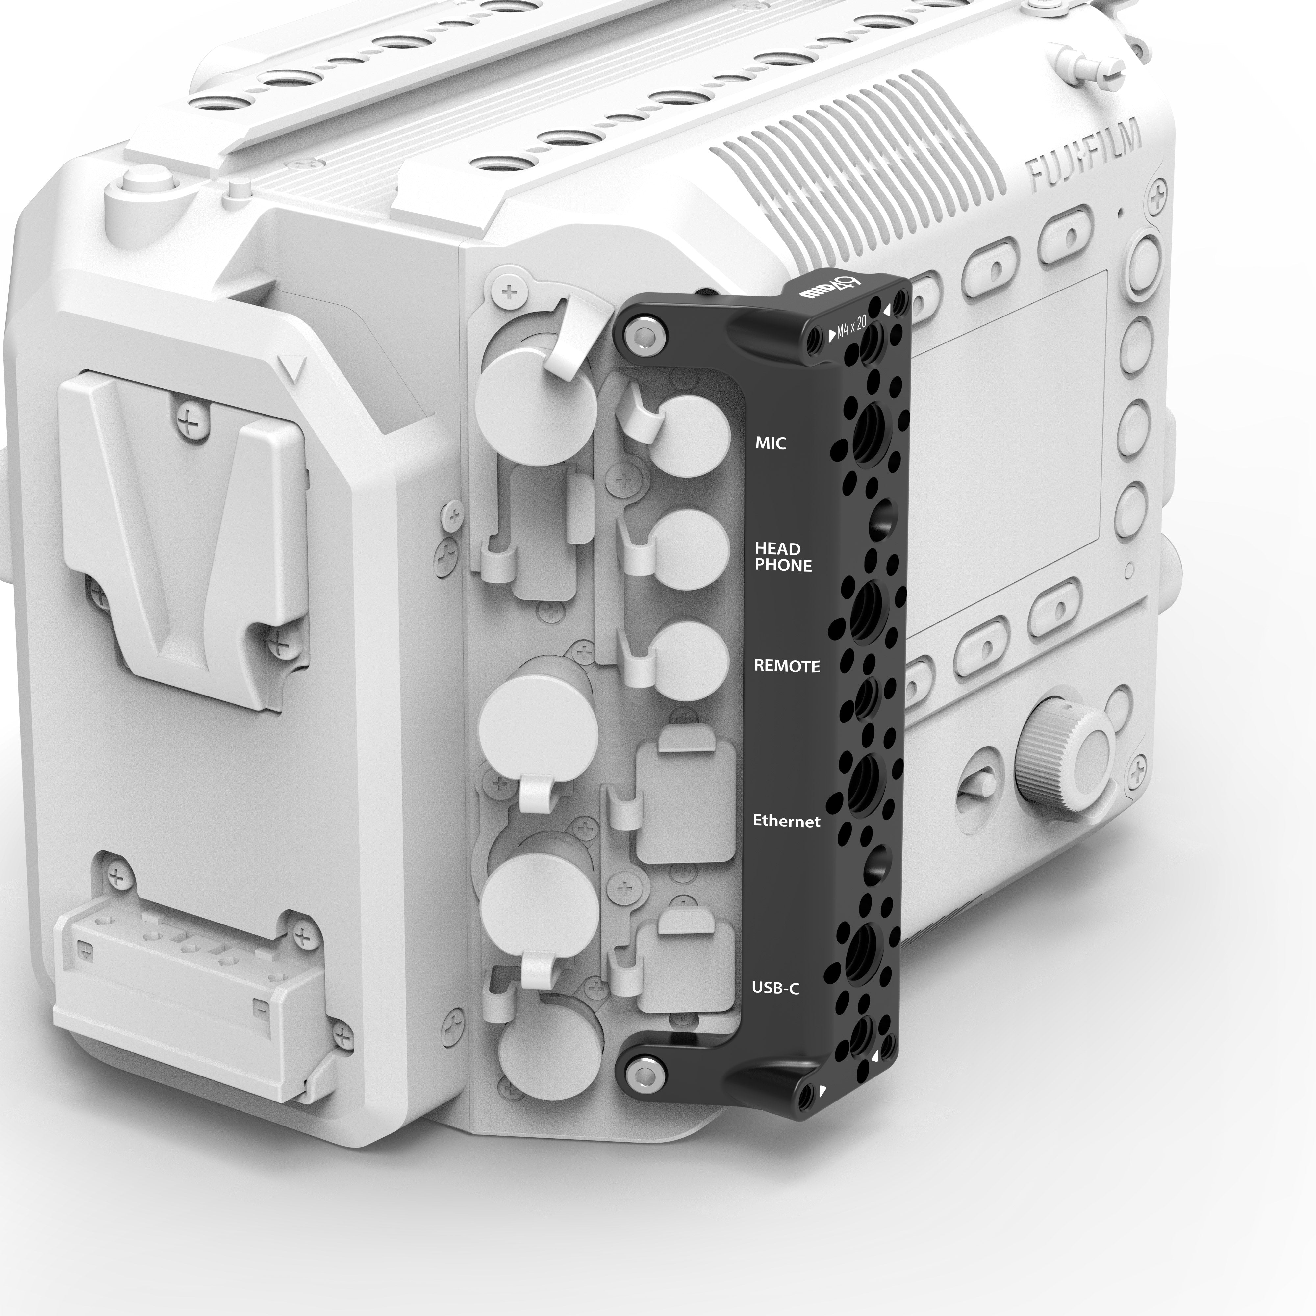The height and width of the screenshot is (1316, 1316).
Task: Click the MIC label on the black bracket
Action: coord(771,443)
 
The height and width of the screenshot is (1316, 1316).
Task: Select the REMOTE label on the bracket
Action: coord(787,666)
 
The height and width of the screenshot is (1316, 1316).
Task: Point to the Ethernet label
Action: coord(786,822)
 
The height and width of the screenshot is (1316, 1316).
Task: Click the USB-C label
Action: coord(774,988)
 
